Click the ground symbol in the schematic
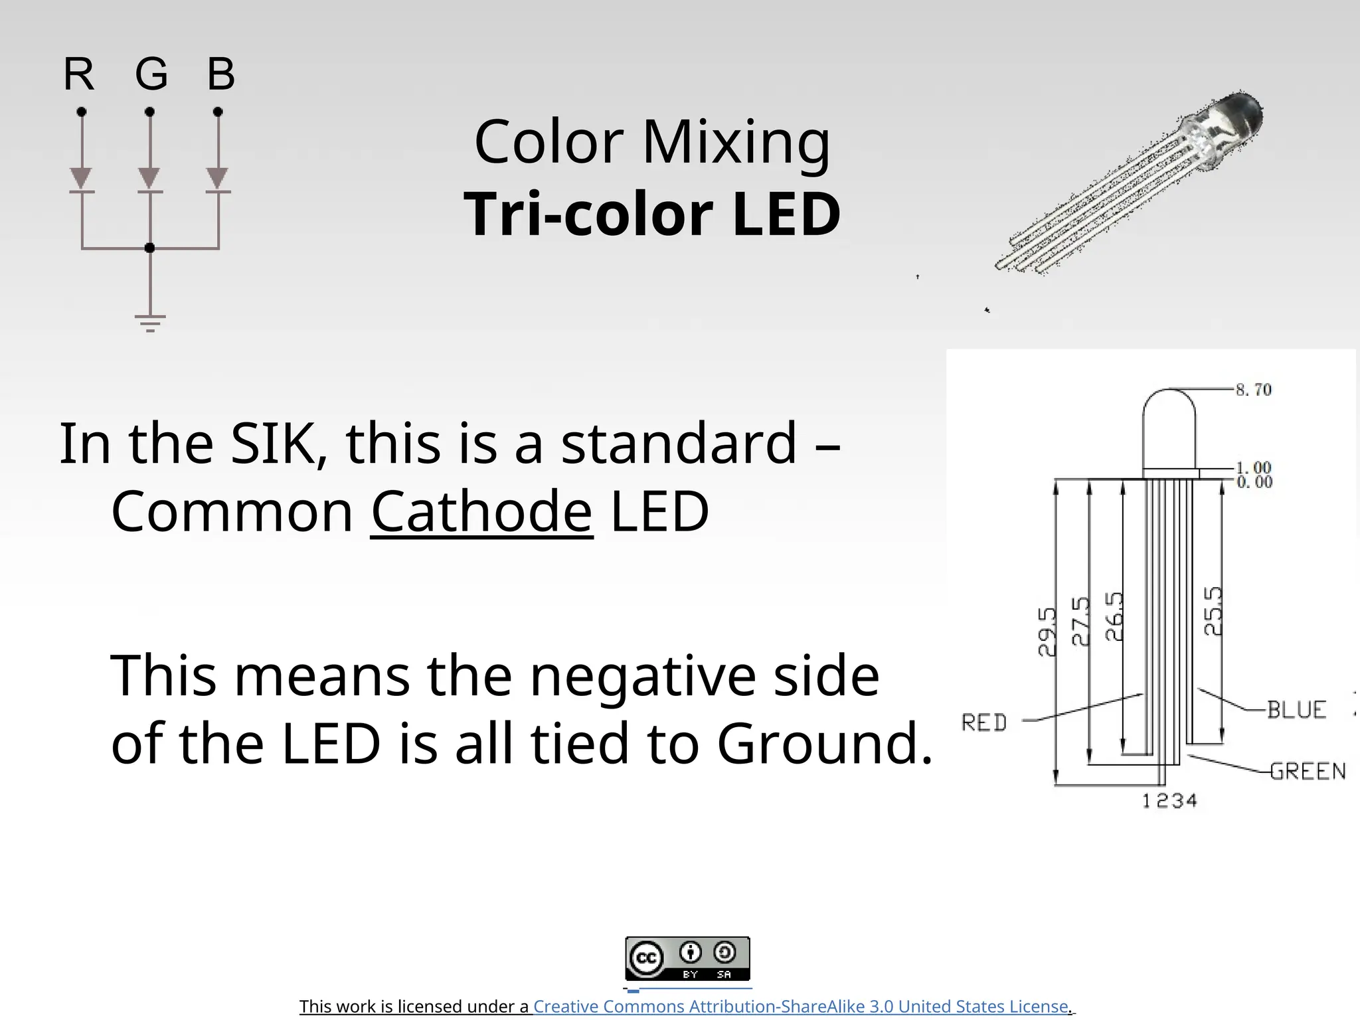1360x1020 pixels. tap(150, 323)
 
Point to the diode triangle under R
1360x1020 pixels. tap(81, 178)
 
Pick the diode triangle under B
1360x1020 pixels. tap(218, 178)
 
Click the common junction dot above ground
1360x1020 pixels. tap(150, 248)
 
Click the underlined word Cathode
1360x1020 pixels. tap(481, 511)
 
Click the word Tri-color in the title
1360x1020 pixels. tap(588, 214)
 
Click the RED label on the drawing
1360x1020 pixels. tap(984, 722)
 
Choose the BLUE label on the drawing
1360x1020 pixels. tap(1296, 710)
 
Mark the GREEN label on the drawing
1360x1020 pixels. tap(1308, 771)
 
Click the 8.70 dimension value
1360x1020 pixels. tap(1254, 390)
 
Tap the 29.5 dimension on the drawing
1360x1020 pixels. tap(1047, 632)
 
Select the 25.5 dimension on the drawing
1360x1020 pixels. tap(1213, 611)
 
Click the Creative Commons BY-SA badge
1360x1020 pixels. tap(687, 958)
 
